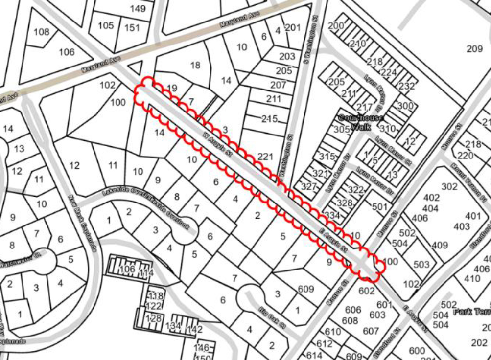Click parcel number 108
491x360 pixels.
click(x=42, y=32)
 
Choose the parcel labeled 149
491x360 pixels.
click(x=138, y=8)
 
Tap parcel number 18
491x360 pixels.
click(x=195, y=65)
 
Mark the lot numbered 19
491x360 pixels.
click(x=171, y=89)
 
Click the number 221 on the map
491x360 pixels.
click(x=265, y=157)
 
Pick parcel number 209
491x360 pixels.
click(x=474, y=48)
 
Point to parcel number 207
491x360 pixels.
click(x=278, y=85)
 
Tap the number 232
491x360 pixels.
click(x=406, y=86)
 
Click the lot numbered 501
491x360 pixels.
click(x=379, y=207)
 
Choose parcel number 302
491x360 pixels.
click(x=449, y=186)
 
